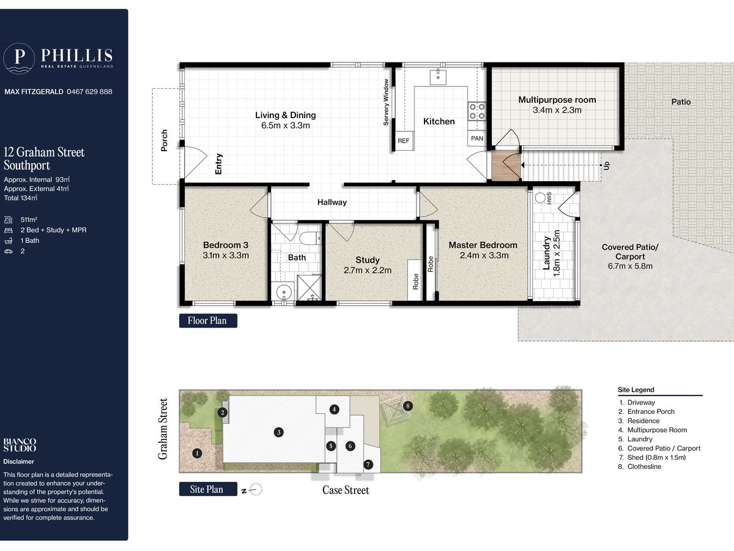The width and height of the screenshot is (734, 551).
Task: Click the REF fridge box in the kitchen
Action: (x=404, y=141)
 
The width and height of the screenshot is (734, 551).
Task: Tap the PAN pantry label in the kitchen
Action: (x=477, y=138)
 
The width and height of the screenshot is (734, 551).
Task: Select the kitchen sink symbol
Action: (x=438, y=77)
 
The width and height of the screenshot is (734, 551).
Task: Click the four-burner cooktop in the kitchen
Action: (x=477, y=111)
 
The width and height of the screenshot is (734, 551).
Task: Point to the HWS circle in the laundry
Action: (x=540, y=198)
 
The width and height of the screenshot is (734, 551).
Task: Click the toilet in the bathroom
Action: (x=310, y=239)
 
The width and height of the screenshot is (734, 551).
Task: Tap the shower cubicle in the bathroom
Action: (x=310, y=288)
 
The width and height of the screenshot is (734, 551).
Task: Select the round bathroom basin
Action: (x=284, y=292)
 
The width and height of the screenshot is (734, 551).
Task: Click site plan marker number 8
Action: (x=407, y=406)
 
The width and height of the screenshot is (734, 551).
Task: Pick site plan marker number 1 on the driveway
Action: (x=197, y=453)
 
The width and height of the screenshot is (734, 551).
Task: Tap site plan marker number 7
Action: (x=368, y=464)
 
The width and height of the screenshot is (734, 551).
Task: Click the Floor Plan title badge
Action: (x=208, y=320)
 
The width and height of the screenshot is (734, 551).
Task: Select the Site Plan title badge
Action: (x=208, y=489)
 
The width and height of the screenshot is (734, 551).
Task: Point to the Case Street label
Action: (x=346, y=490)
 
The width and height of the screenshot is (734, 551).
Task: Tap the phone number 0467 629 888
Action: (x=90, y=91)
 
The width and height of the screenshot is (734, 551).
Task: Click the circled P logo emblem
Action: (x=19, y=58)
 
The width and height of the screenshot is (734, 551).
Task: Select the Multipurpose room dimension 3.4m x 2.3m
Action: (x=557, y=110)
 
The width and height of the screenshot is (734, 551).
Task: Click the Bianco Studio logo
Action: (x=20, y=445)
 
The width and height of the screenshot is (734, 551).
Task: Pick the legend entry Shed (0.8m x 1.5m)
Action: (x=656, y=457)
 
